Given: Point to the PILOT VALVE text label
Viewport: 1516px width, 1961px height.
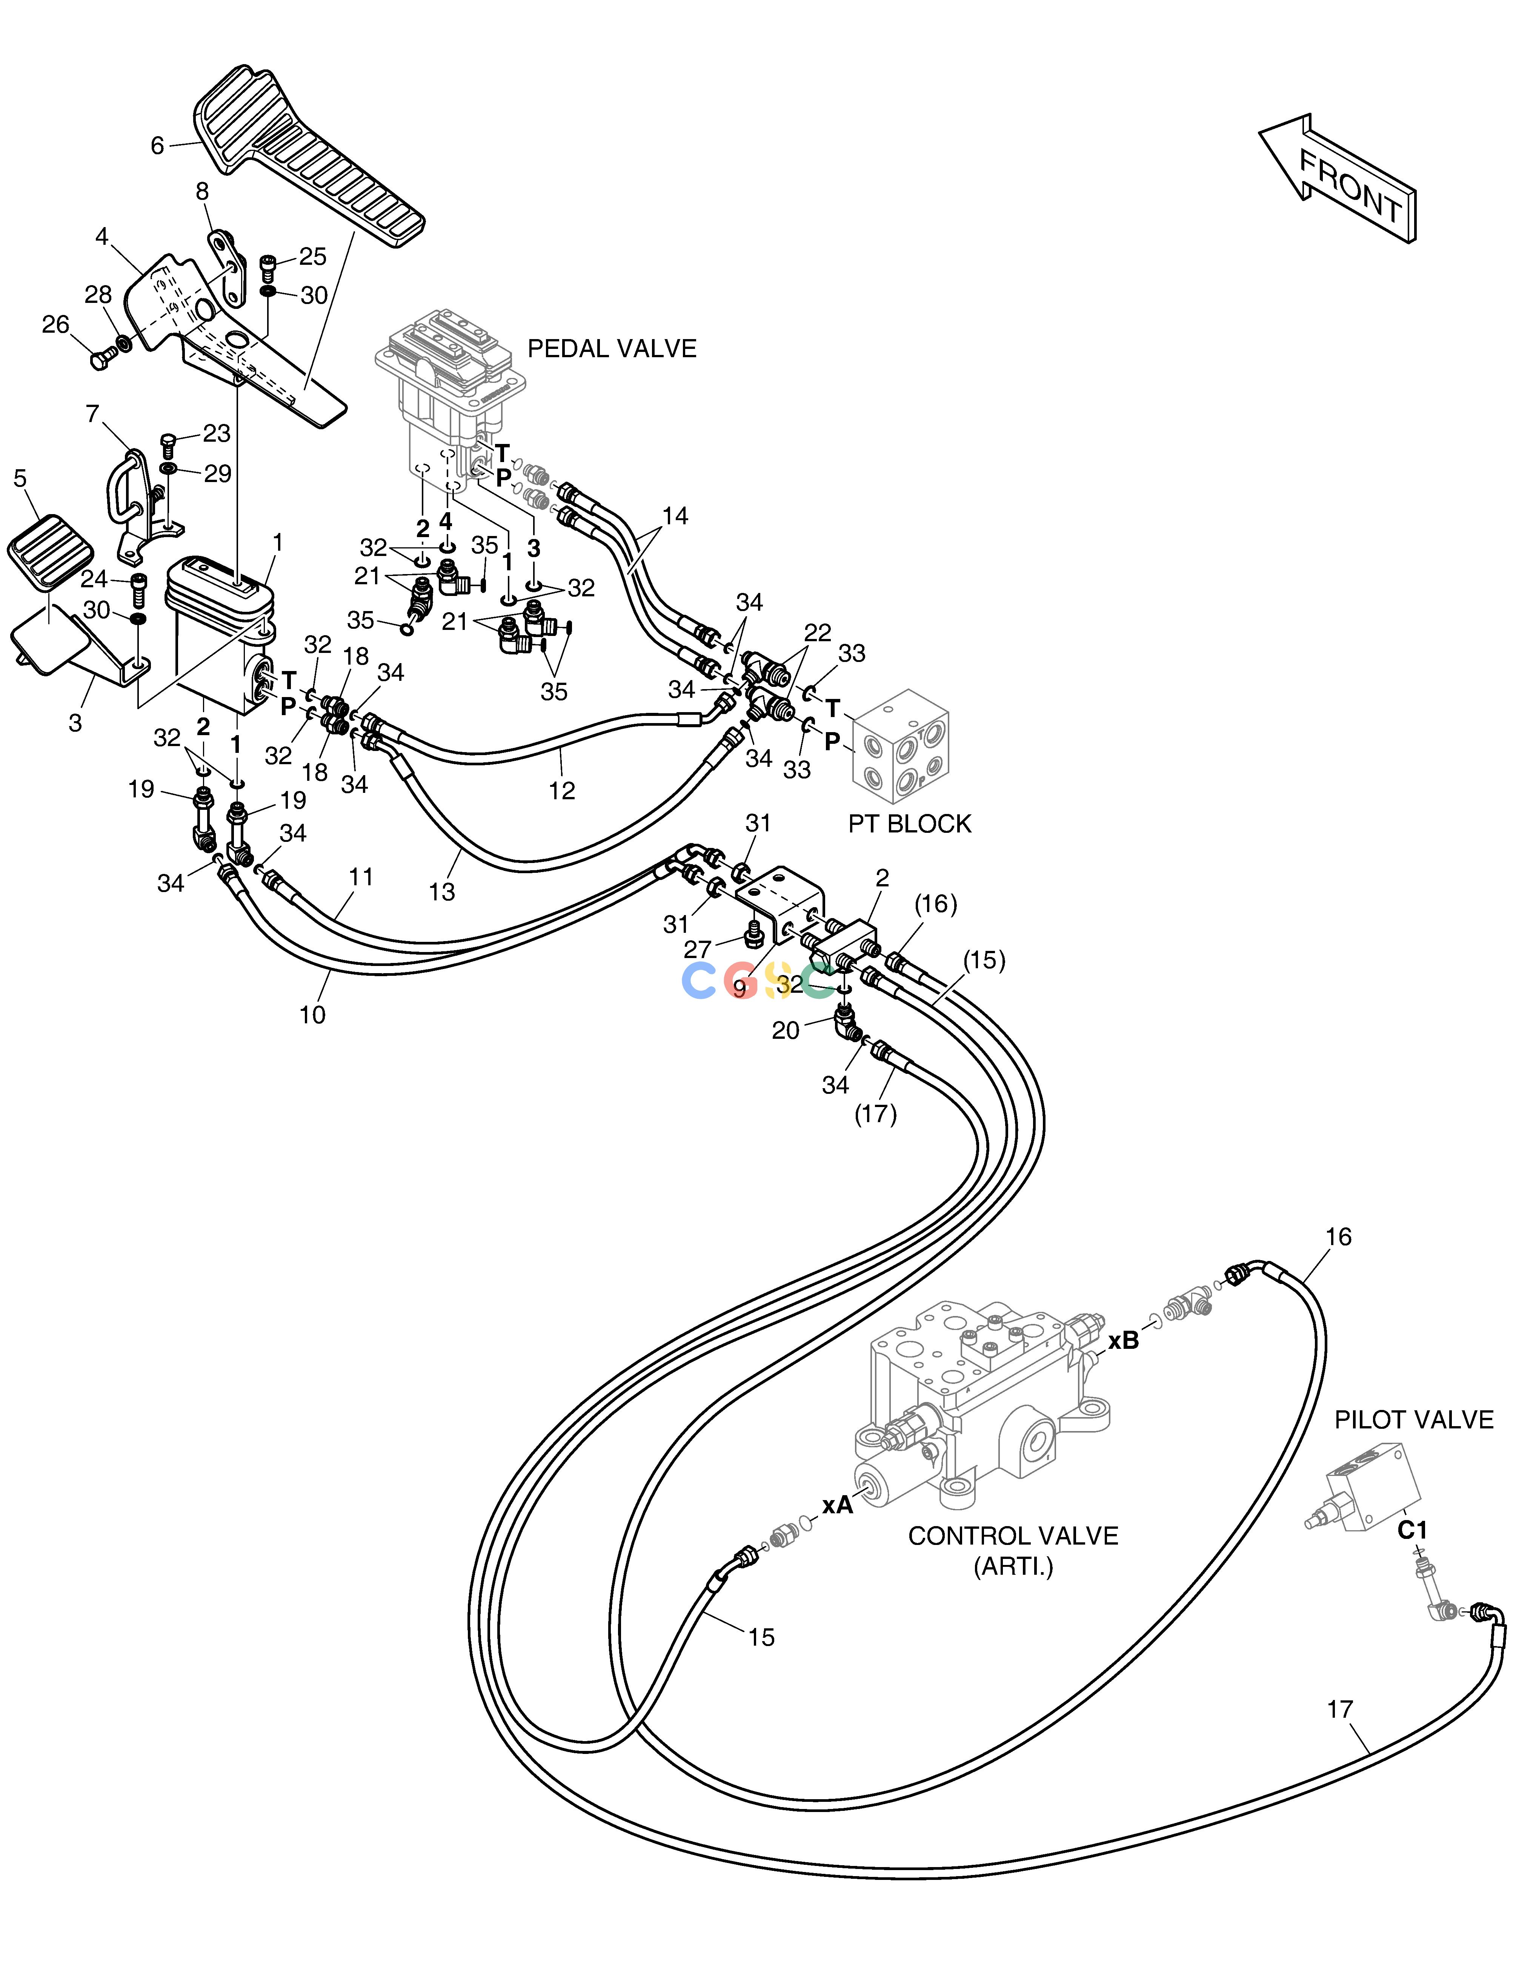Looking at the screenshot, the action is point(1414,1420).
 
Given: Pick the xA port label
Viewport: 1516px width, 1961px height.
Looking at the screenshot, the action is point(838,1505).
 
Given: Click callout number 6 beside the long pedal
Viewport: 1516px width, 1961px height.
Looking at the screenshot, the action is point(157,146).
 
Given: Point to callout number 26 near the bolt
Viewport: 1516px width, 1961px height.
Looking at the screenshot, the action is point(56,325).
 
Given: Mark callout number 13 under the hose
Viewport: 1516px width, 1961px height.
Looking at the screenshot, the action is point(442,892).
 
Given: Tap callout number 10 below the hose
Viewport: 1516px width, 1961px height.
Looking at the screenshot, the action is point(312,1015).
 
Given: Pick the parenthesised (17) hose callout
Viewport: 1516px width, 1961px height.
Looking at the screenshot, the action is point(876,1114).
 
